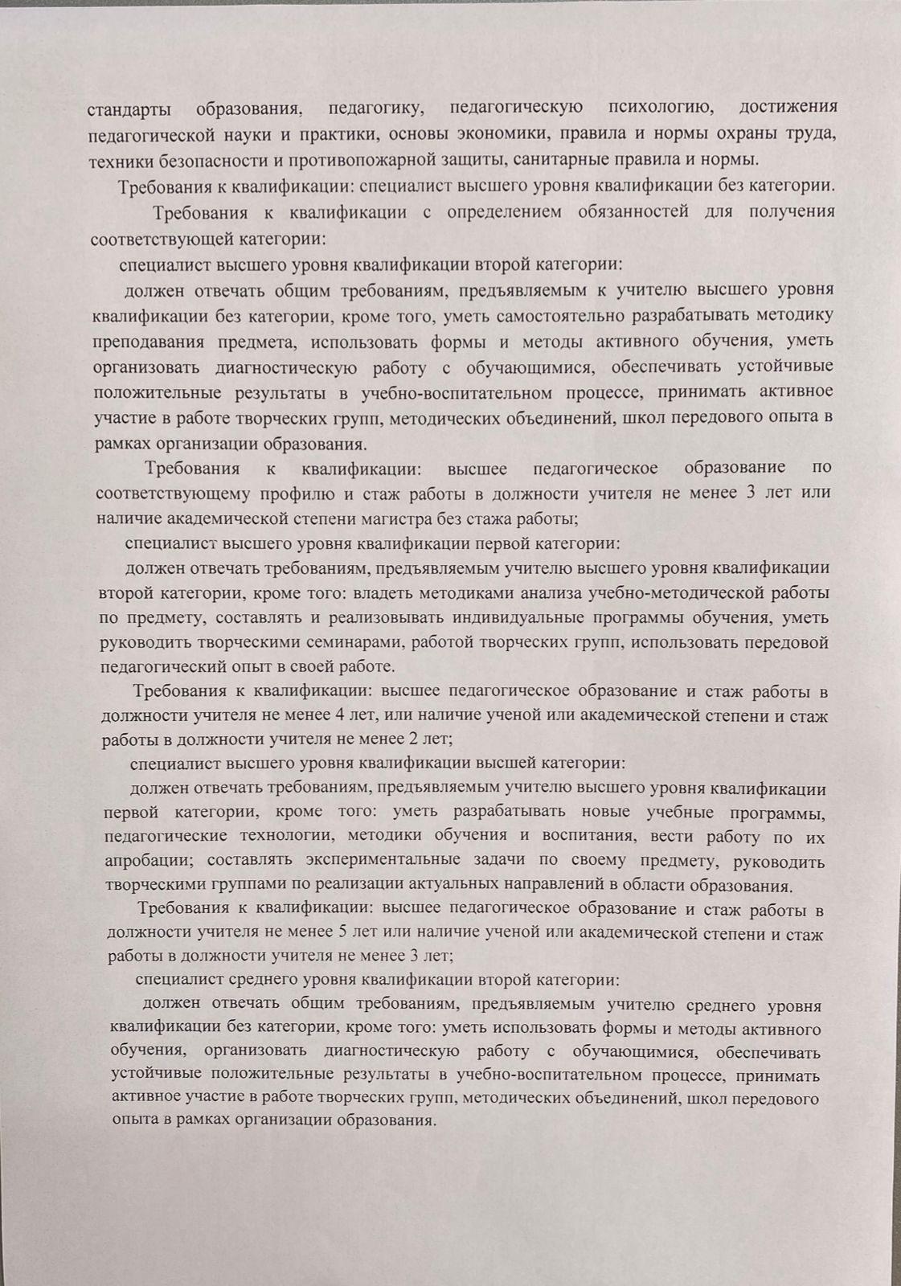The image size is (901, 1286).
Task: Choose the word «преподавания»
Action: click(x=147, y=341)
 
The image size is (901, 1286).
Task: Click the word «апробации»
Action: click(x=149, y=861)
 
